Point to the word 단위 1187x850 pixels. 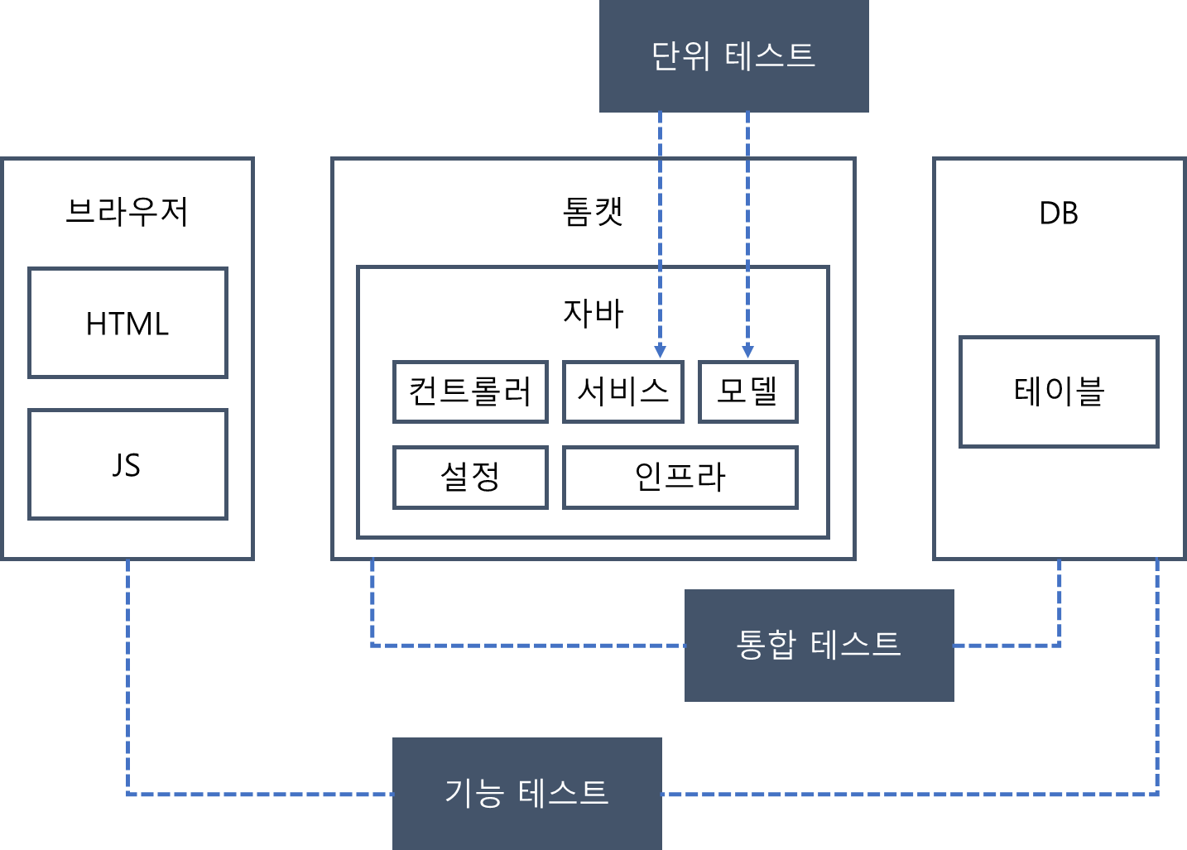[x=680, y=56]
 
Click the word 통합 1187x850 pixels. [x=766, y=644]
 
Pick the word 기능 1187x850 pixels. [x=474, y=793]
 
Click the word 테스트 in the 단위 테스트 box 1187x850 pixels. [x=770, y=56]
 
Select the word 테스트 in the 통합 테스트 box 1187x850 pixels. [x=855, y=644]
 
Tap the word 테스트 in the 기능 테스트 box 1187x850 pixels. [x=563, y=793]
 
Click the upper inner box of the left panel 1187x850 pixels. [x=127, y=323]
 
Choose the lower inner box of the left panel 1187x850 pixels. [x=127, y=464]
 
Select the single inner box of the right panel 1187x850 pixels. [x=1059, y=391]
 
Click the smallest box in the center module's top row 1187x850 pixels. [x=748, y=391]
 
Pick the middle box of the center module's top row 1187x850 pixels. [x=623, y=391]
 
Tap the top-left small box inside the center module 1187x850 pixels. [x=470, y=391]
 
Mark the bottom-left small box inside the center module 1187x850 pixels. [x=470, y=478]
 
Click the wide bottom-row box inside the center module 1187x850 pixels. [x=680, y=478]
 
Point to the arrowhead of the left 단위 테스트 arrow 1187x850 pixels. [x=660, y=353]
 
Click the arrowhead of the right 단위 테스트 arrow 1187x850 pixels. [x=747, y=353]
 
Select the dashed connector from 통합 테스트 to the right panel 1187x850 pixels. [x=1007, y=645]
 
